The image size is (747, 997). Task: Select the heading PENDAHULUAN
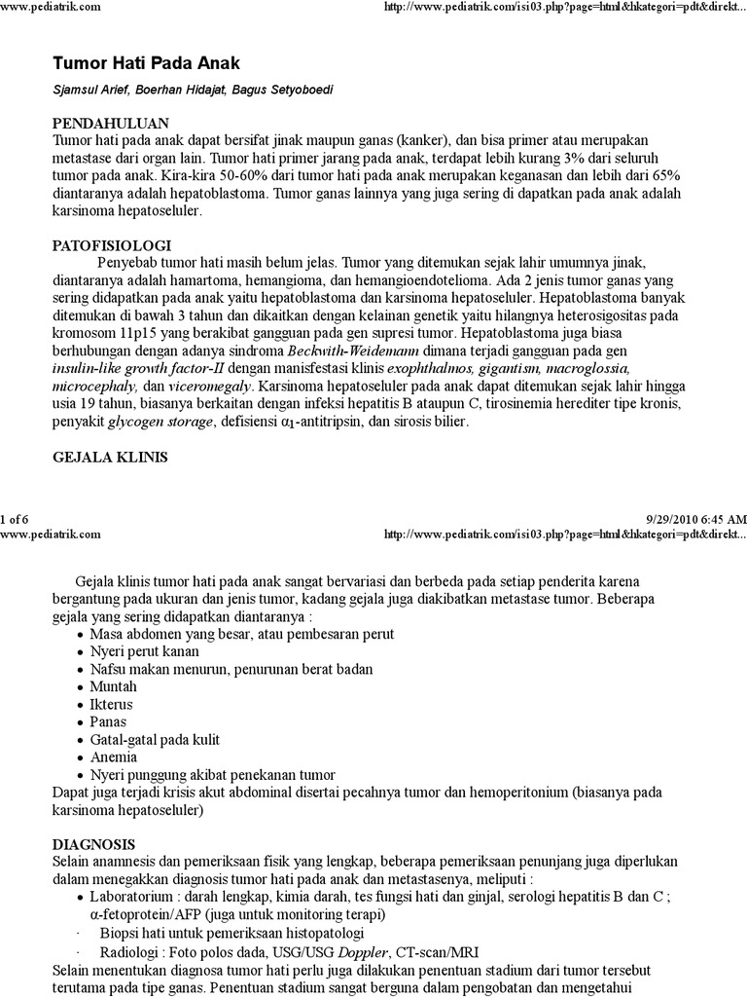pos(110,123)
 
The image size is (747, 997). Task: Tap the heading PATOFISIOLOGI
pos(111,245)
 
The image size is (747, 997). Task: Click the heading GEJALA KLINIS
pos(110,456)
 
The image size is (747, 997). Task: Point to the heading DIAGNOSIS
pos(93,843)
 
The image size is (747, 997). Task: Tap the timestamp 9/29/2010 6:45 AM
pos(695,519)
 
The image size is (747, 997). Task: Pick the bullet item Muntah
pos(113,686)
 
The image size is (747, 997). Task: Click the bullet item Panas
pos(109,721)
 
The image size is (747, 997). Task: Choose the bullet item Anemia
pos(113,757)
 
